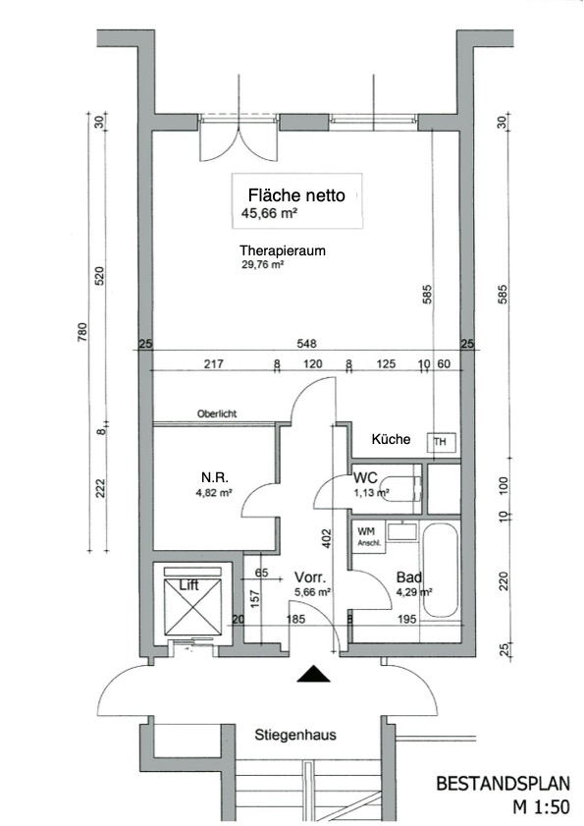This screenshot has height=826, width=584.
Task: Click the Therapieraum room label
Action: pyautogui.click(x=283, y=250)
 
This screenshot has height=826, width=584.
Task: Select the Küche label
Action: pyautogui.click(x=391, y=439)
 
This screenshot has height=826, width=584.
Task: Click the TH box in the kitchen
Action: pyautogui.click(x=441, y=442)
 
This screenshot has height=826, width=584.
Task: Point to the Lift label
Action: pyautogui.click(x=189, y=584)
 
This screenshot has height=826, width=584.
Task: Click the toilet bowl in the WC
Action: pyautogui.click(x=400, y=489)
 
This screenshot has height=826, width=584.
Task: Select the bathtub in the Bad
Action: pyautogui.click(x=441, y=570)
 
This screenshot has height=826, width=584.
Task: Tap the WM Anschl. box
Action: pyautogui.click(x=369, y=537)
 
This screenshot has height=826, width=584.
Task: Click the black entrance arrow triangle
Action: pyautogui.click(x=313, y=674)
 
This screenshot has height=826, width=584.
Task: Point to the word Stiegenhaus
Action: pyautogui.click(x=295, y=735)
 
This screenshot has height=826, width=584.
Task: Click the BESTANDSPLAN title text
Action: pyautogui.click(x=503, y=784)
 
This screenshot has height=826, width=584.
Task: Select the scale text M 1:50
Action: pyautogui.click(x=542, y=806)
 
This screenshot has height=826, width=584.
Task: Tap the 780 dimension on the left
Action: pyautogui.click(x=82, y=332)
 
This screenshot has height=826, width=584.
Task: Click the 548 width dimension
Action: pyautogui.click(x=306, y=344)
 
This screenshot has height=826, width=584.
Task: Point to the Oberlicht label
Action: pyautogui.click(x=217, y=413)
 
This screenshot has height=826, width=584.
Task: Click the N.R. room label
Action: pyautogui.click(x=214, y=477)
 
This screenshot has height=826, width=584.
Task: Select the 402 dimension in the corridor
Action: pyautogui.click(x=327, y=538)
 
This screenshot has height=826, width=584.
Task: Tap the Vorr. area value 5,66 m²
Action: pyautogui.click(x=313, y=592)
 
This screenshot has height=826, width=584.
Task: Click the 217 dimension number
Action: pyautogui.click(x=214, y=363)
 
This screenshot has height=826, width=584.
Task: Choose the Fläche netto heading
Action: pyautogui.click(x=296, y=195)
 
